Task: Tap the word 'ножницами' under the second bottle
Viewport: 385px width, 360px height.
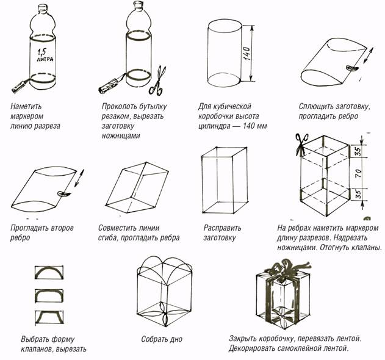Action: point(121,135)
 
